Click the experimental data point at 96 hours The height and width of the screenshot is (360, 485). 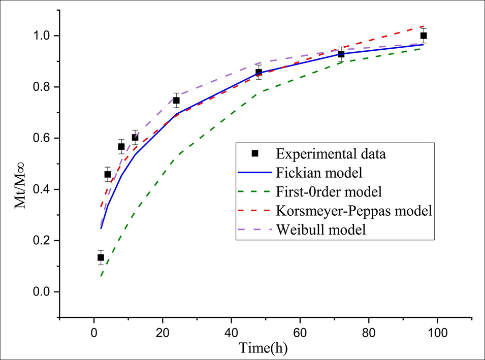424,36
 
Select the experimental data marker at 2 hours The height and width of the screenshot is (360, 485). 101,257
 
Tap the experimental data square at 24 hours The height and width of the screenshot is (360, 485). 176,101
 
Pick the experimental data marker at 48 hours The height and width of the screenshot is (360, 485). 258,73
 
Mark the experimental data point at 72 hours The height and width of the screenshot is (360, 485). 341,54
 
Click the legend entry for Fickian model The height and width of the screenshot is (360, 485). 319,173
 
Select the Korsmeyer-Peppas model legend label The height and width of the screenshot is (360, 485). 354,211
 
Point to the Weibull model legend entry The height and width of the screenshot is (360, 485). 321,229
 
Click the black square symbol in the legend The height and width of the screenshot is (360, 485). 255,153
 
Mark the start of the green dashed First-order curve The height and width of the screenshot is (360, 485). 101,277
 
